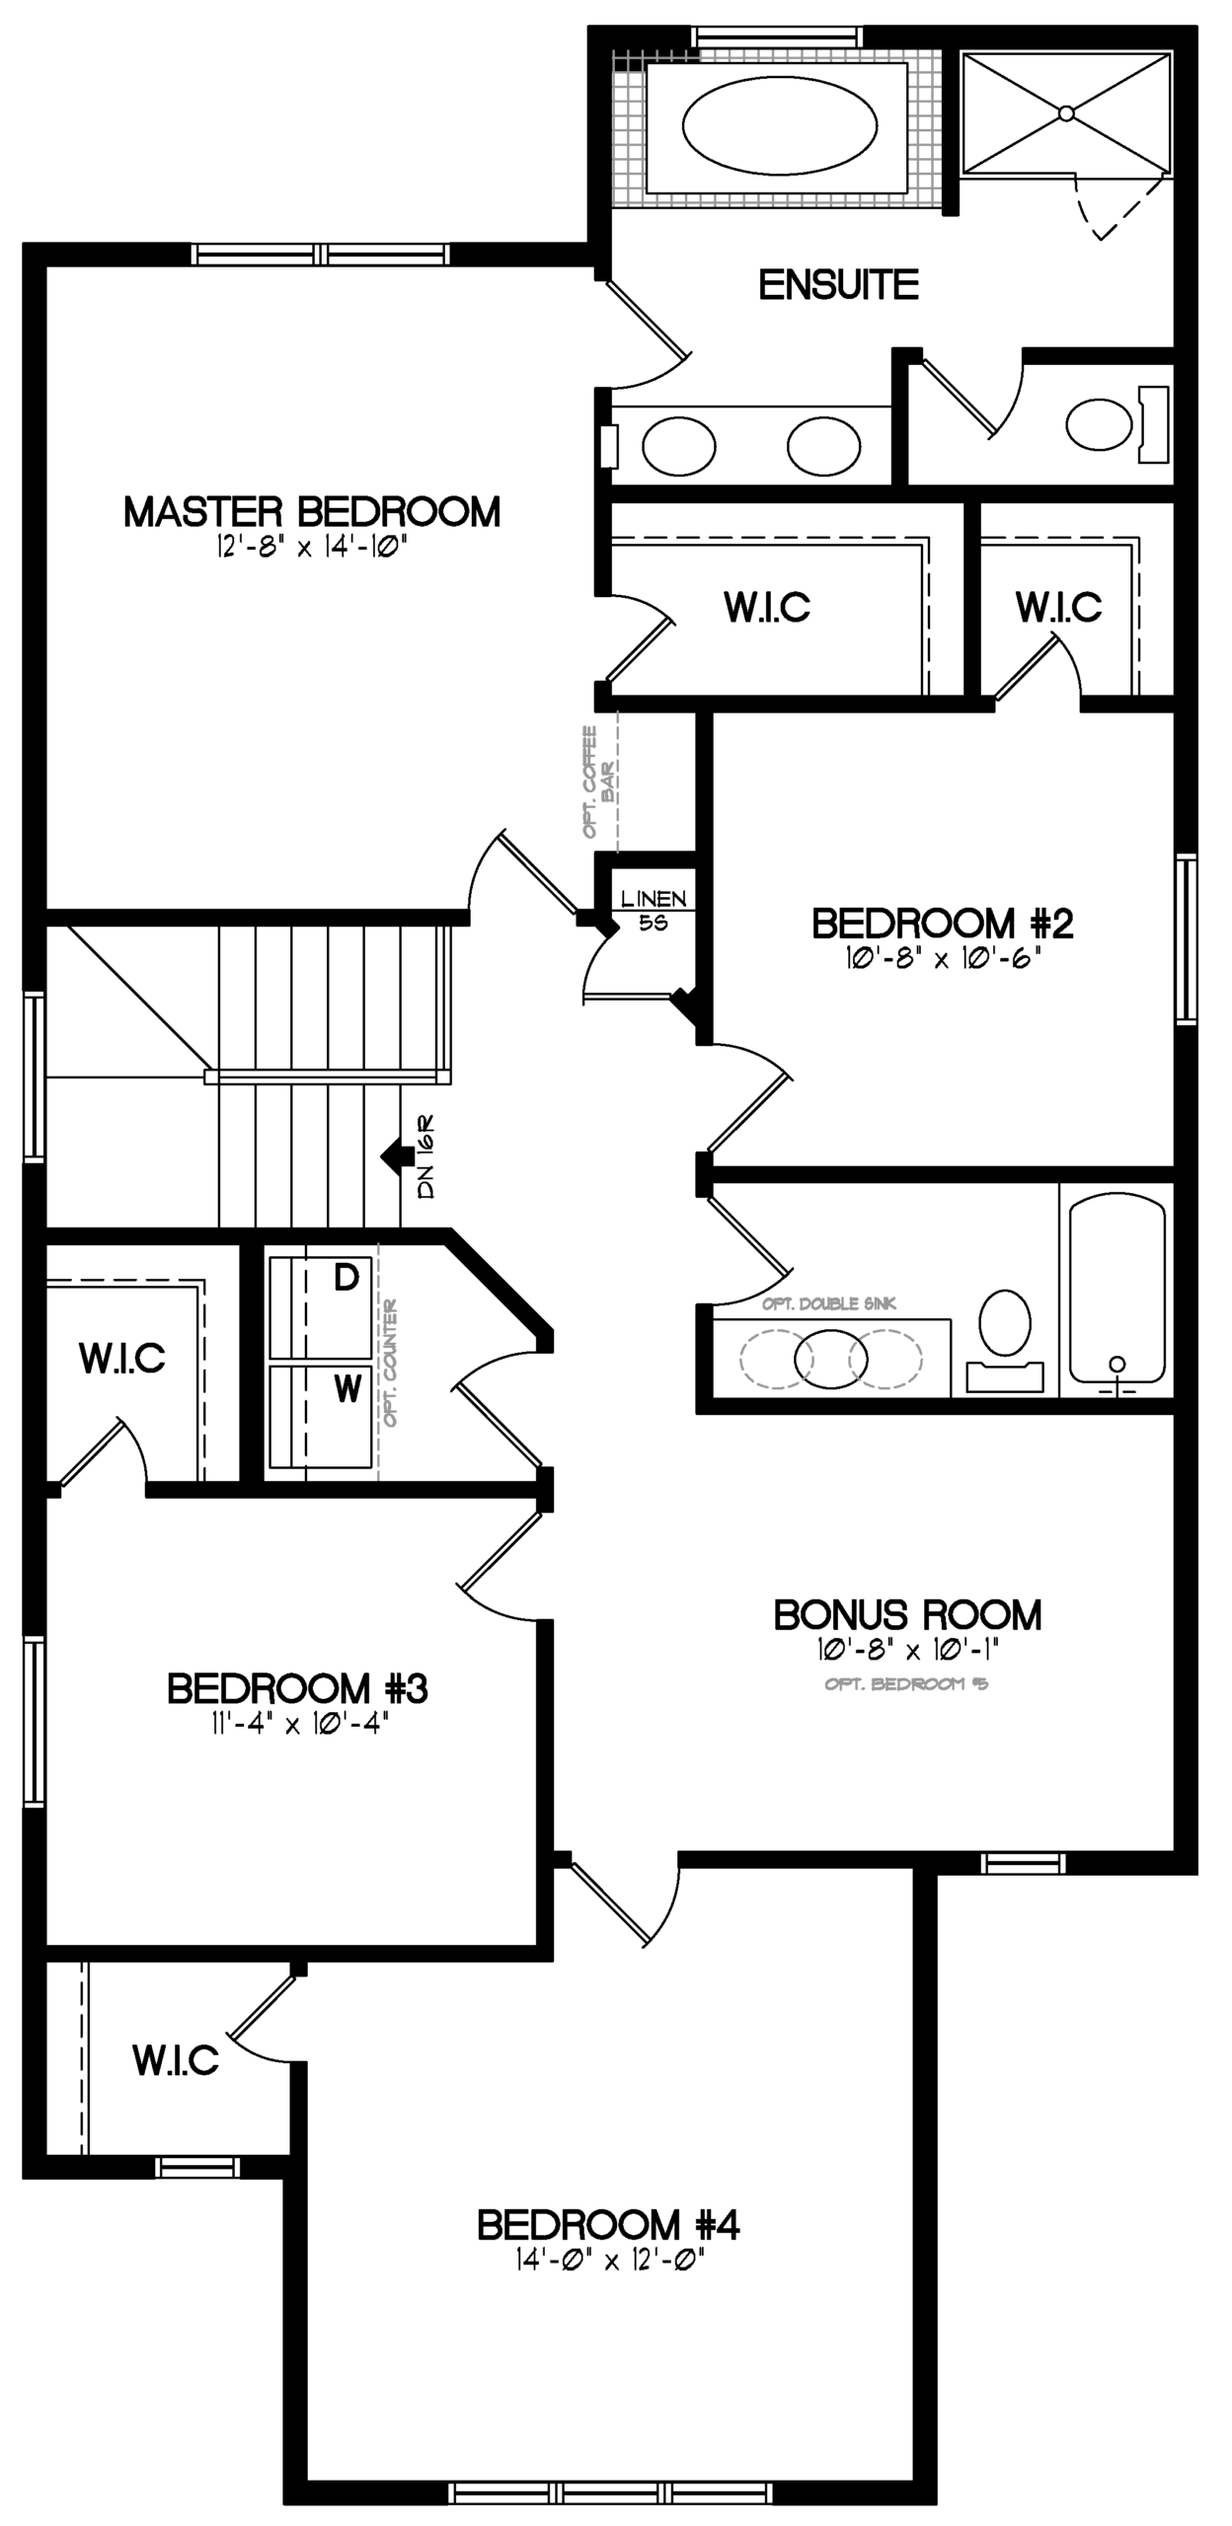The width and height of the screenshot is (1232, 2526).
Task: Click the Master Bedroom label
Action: click(x=312, y=512)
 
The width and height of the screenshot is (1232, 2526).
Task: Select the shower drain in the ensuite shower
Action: click(x=1066, y=113)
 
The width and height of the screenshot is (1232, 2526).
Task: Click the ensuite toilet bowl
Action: click(x=1099, y=424)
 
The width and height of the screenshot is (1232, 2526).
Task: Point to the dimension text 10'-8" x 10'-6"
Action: click(x=944, y=958)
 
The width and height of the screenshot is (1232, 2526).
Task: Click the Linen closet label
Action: click(x=654, y=899)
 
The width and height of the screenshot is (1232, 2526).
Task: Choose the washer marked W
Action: click(x=321, y=1417)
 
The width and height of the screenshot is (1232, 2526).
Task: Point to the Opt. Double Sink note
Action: click(x=829, y=1303)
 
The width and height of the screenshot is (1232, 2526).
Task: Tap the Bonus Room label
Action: click(x=907, y=1615)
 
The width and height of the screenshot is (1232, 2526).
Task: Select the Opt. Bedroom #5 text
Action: click(x=906, y=1683)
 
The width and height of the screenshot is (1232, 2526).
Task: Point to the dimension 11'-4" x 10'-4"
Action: click(x=297, y=1723)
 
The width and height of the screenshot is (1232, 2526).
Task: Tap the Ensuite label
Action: click(x=839, y=285)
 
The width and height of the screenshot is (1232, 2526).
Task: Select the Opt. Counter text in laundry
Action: click(x=391, y=1363)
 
